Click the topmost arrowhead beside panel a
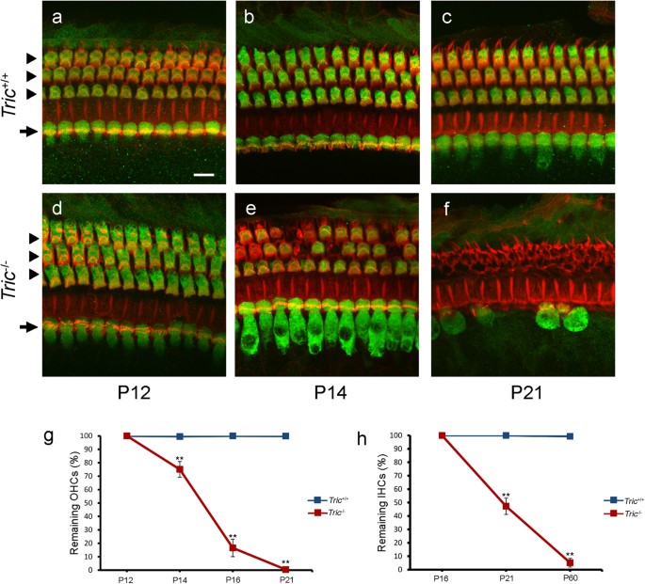(32, 57)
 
